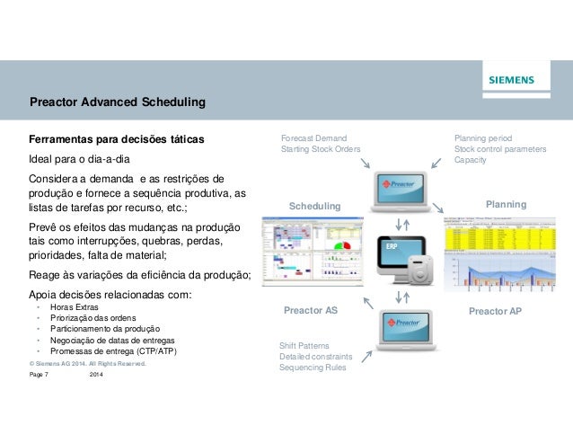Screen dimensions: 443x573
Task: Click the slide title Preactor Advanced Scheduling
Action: [x=118, y=102]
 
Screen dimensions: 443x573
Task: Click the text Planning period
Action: [x=483, y=138]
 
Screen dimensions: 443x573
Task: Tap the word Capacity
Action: [x=471, y=160]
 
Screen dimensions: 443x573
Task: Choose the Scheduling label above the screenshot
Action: [x=315, y=207]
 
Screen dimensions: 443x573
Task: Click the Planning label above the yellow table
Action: [x=506, y=205]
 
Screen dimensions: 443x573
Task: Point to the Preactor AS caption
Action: [x=310, y=310]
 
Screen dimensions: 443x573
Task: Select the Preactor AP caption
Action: [x=495, y=310]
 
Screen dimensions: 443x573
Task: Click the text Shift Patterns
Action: [x=304, y=346]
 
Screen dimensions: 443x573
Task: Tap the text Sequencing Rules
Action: [x=312, y=368]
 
